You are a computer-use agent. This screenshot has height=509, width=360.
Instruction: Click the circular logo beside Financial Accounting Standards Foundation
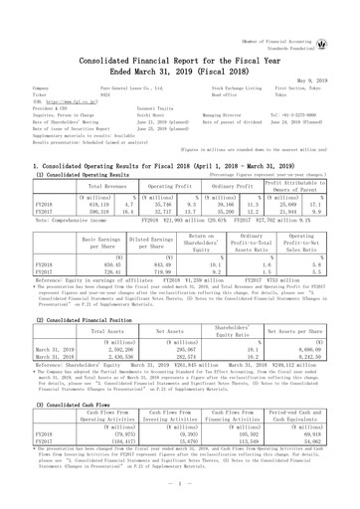[346, 15]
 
